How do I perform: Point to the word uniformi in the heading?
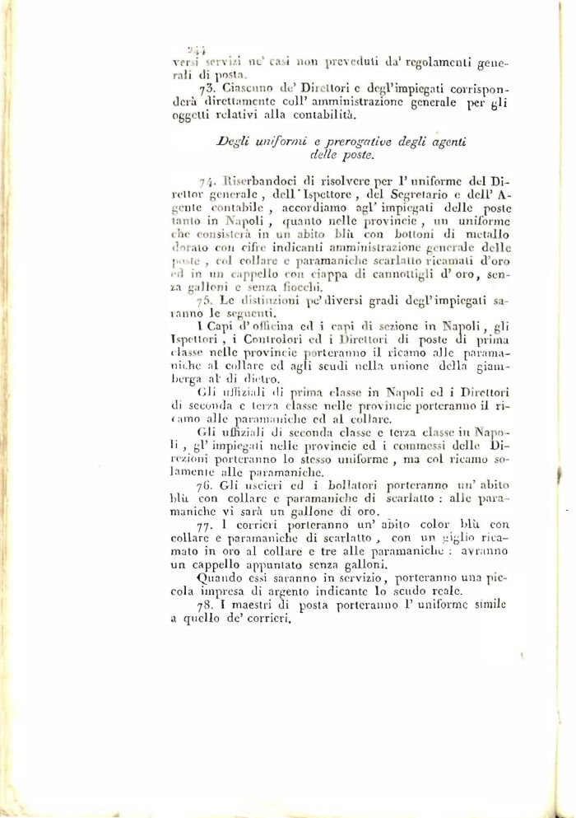pos(267,141)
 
